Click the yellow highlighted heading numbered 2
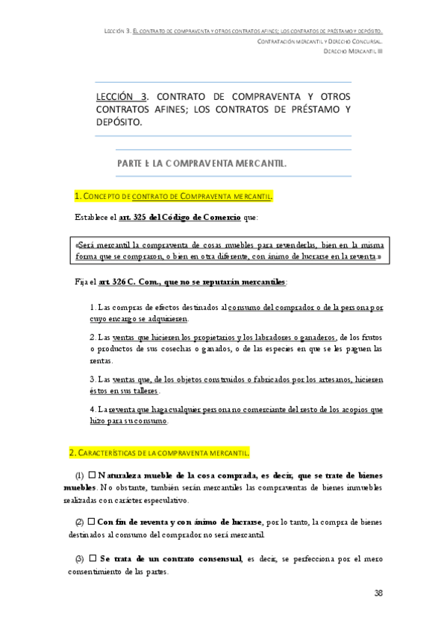coord(163,452)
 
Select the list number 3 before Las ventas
coord(92,379)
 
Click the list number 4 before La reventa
coord(92,410)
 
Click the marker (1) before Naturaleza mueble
coord(80,474)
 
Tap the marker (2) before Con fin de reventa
coord(80,520)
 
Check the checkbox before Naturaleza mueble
coord(92,474)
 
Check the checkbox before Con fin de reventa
coord(92,520)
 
